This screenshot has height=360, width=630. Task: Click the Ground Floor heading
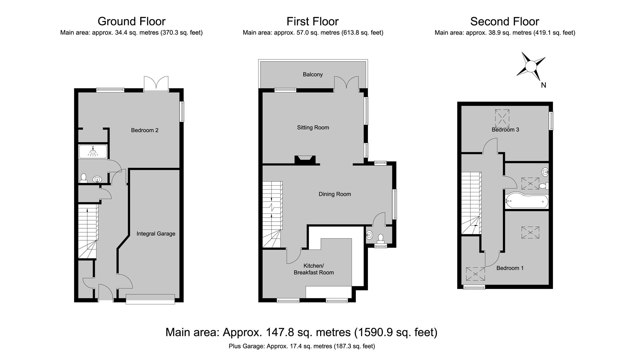point(131,21)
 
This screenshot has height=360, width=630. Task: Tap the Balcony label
point(313,74)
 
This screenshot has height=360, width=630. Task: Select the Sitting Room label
point(313,127)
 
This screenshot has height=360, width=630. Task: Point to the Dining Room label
point(335,194)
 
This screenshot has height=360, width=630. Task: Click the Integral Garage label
point(156,234)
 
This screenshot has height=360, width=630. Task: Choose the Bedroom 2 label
point(145,130)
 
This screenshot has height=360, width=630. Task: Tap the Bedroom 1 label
point(510,268)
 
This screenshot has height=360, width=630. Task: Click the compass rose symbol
point(531,66)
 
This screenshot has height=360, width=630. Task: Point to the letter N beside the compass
point(544,85)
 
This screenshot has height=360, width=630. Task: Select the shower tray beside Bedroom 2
point(93,151)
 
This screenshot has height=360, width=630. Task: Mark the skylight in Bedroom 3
point(502,118)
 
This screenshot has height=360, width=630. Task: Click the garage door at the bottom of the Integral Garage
point(150,299)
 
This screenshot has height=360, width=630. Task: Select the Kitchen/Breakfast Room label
point(314,269)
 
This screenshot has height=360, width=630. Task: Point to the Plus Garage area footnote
point(302,346)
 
